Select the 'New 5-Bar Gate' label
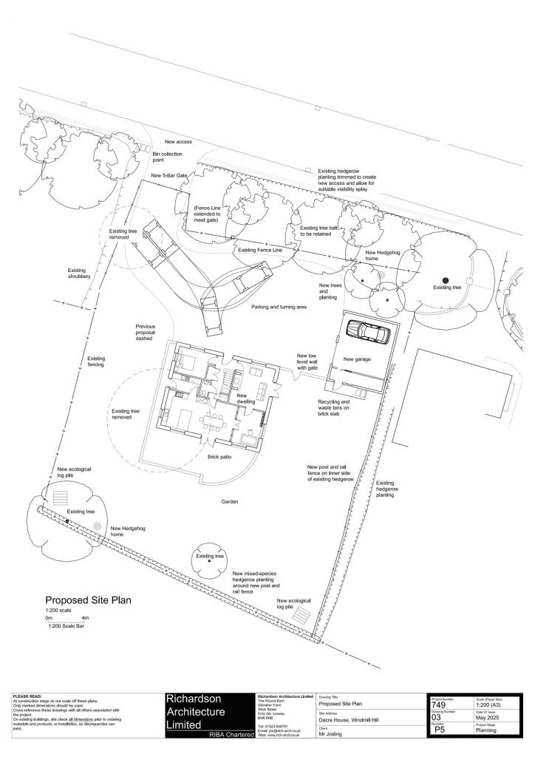pyautogui.click(x=169, y=175)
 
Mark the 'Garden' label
pyautogui.click(x=229, y=501)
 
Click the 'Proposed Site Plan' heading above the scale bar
pyautogui.click(x=88, y=600)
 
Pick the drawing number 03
pyautogui.click(x=437, y=717)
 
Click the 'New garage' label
pyautogui.click(x=357, y=359)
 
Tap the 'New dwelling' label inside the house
pyautogui.click(x=245, y=398)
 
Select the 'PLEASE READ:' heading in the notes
pyautogui.click(x=29, y=696)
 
